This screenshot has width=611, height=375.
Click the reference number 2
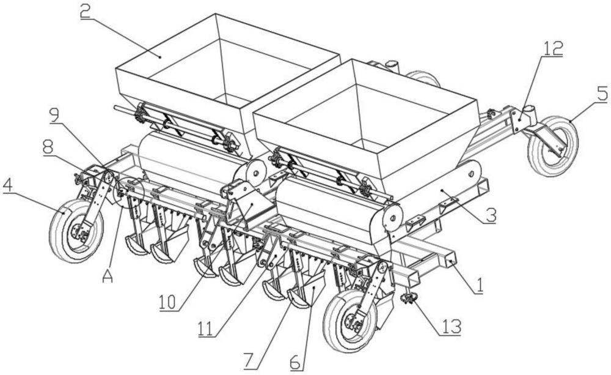coord(86,12)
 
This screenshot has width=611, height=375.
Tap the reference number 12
coord(552,49)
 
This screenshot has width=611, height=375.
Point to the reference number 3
coord(489,215)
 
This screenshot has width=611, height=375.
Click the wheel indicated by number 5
coord(552,145)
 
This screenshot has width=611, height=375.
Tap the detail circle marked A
coord(128,192)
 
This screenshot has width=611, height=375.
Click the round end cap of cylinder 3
coord(392,218)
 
